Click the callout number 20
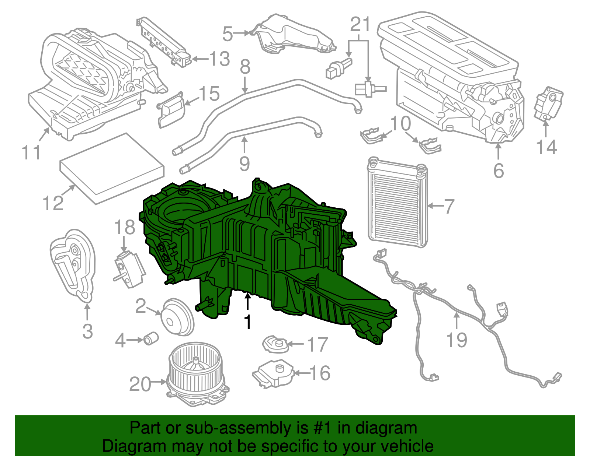(140, 384)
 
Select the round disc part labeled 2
(178, 317)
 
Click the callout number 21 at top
(360, 25)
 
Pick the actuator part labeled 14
(548, 103)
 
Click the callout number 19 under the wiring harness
(457, 340)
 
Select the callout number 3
(87, 331)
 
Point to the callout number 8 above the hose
(245, 67)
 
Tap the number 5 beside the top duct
(228, 34)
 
